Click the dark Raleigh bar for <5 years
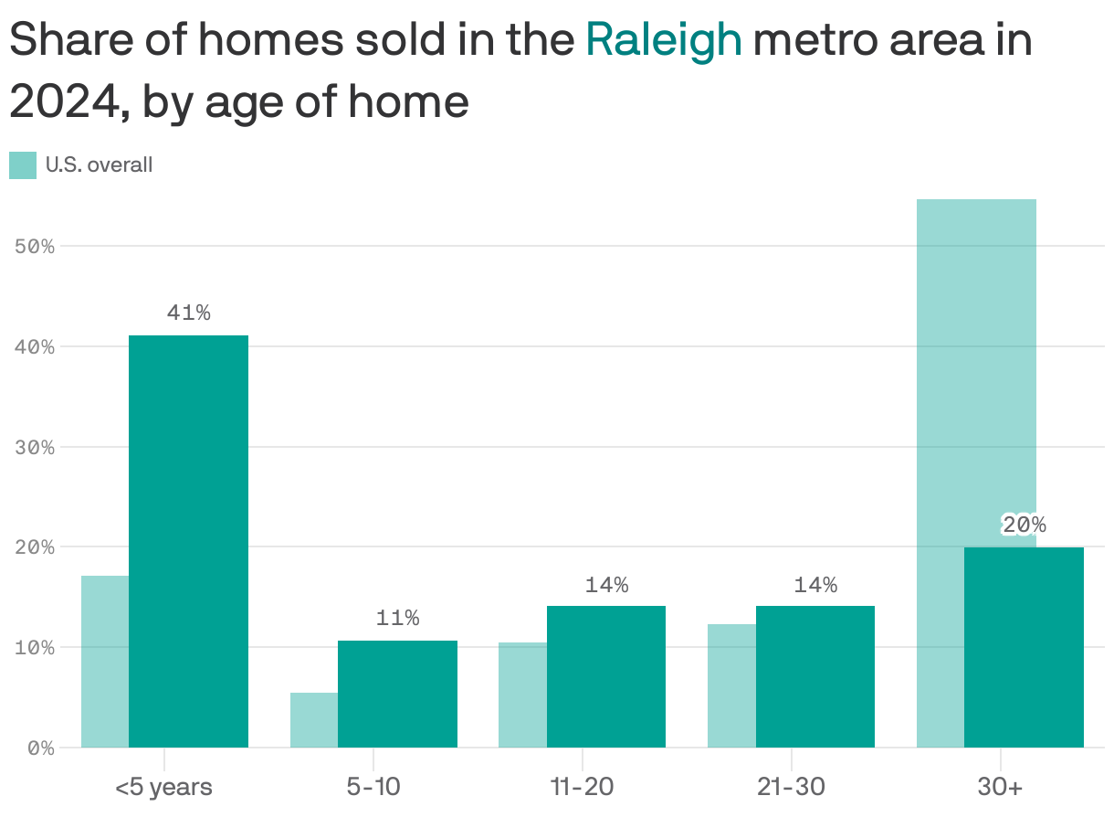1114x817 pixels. (188, 541)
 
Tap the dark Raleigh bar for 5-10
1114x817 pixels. (397, 694)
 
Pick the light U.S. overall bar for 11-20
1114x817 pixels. (522, 695)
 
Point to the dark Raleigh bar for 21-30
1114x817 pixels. (814, 676)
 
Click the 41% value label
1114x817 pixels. (188, 313)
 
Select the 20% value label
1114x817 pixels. (1024, 525)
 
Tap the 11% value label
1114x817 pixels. (397, 619)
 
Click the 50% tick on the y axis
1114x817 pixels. (36, 247)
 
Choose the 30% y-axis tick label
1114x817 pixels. (36, 447)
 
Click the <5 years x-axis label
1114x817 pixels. (164, 787)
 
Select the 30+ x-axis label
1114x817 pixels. (1000, 787)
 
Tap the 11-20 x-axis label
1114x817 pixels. (582, 787)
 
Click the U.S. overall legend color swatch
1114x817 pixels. (23, 165)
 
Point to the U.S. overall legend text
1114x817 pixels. (99, 165)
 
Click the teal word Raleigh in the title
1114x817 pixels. (663, 40)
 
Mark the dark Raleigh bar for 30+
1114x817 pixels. (1024, 647)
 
